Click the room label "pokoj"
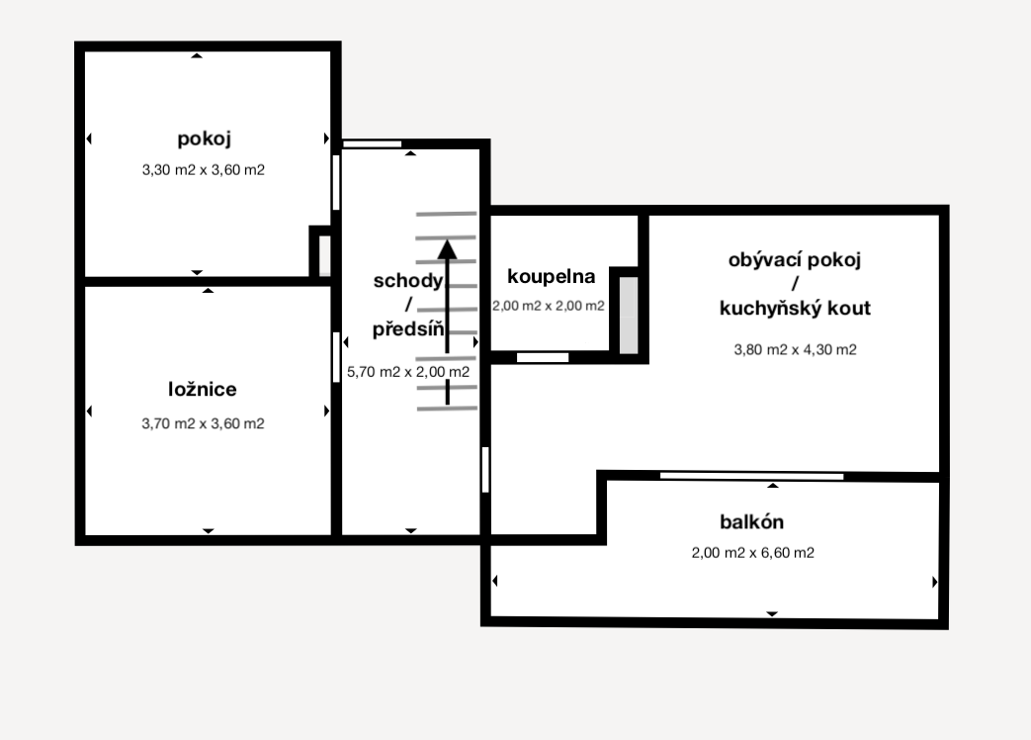[204, 139]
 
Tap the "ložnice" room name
[203, 389]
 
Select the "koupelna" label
[551, 277]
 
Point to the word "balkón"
[751, 521]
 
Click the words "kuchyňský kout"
[795, 308]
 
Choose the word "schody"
[408, 281]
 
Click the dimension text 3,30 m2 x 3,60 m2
[204, 170]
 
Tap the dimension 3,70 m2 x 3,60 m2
[204, 423]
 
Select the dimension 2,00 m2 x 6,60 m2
[753, 553]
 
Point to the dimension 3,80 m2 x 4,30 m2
[795, 349]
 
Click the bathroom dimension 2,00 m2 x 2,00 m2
[549, 306]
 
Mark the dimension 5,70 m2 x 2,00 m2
[408, 372]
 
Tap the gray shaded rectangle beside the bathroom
[629, 315]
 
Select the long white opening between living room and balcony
[751, 476]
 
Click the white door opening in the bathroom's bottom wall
[543, 357]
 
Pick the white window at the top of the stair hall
[372, 144]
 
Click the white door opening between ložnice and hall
[337, 357]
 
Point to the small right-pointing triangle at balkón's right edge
[935, 582]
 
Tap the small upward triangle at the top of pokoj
[197, 56]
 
